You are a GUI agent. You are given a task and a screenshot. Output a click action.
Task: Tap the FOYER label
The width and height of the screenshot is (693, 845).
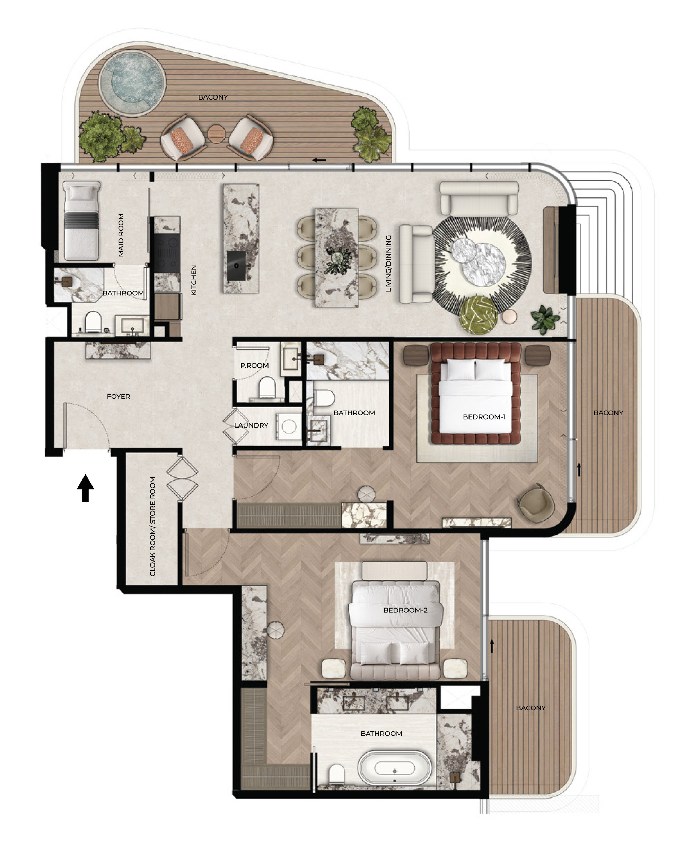(119, 396)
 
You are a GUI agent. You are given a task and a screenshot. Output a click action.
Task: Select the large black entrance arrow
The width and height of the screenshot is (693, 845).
(86, 488)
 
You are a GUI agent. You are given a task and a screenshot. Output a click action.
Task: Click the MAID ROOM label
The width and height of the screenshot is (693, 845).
(121, 235)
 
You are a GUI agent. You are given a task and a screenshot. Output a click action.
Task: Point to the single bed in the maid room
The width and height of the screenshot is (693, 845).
(81, 221)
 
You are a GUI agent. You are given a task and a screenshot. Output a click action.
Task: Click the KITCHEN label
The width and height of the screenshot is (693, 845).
(194, 280)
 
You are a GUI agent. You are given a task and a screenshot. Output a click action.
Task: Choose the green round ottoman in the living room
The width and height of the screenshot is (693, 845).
(478, 315)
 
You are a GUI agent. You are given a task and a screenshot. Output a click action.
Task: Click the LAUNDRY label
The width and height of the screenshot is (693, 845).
(251, 425)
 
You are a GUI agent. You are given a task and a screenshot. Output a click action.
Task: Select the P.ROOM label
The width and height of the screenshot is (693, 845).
(255, 365)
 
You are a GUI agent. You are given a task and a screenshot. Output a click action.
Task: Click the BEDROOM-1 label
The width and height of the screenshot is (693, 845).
(484, 417)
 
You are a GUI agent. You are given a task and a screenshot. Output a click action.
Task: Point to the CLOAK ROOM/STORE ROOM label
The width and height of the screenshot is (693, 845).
(152, 526)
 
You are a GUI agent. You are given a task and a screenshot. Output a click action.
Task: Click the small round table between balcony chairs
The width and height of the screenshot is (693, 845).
(217, 133)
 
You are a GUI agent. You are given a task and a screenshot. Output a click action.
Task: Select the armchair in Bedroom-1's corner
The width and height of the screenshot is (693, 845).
(536, 504)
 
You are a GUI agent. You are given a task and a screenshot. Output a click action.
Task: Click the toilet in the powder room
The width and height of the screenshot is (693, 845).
(267, 387)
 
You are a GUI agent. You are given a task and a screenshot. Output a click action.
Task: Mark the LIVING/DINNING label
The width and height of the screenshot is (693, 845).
(388, 263)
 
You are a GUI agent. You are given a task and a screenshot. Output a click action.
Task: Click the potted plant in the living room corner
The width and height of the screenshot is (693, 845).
(545, 319)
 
